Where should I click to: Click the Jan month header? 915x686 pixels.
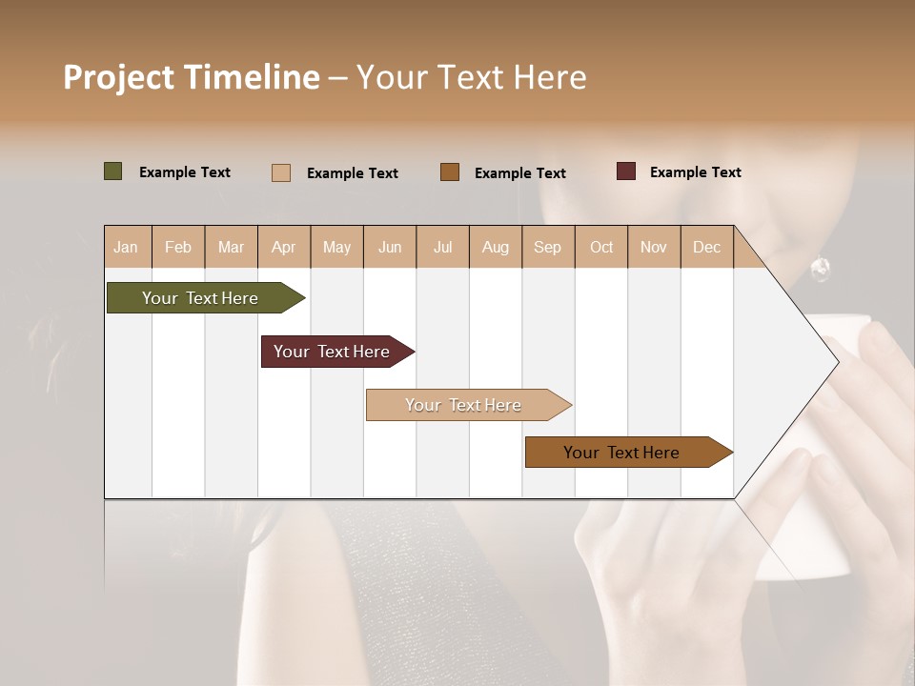126,248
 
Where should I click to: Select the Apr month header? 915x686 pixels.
284,248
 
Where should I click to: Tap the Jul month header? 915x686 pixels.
443,248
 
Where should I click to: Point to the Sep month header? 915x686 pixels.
547,248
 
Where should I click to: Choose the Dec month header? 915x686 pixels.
706,248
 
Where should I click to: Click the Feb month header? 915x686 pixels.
178,248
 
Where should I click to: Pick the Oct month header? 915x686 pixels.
601,248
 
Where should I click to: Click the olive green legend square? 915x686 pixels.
113,171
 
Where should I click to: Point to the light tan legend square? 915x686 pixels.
281,172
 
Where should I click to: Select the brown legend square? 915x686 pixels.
450,172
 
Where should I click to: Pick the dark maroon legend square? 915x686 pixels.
626,171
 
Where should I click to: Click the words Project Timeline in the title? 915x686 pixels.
191,77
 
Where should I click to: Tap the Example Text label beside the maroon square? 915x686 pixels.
695,172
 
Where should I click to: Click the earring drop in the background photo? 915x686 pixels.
819,271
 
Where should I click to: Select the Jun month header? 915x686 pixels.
390,248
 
